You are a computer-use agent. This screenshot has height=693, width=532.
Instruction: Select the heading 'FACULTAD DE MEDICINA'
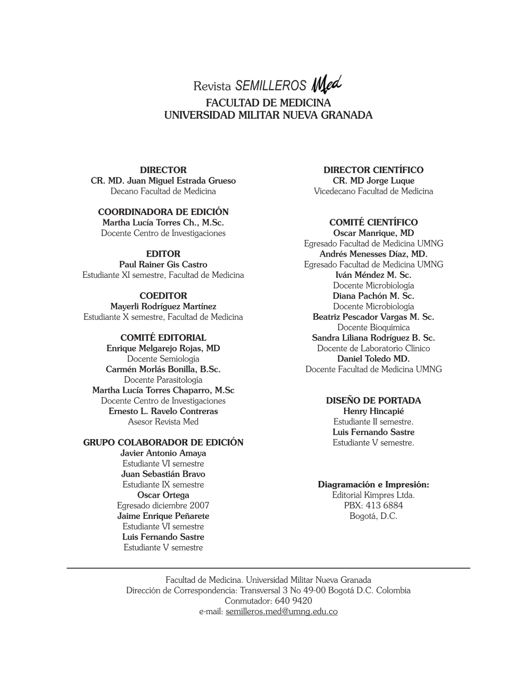(268, 103)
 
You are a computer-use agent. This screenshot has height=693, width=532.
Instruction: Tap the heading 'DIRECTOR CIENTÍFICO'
(373, 170)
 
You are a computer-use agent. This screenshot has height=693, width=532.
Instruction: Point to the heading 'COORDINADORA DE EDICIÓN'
(163, 212)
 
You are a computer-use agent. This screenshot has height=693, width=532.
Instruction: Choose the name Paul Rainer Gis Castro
(163, 265)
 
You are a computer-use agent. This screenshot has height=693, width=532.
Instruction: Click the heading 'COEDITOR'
(163, 296)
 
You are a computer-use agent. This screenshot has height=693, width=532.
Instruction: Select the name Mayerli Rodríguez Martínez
(163, 307)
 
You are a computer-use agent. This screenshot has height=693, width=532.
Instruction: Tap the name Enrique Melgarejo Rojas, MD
(163, 349)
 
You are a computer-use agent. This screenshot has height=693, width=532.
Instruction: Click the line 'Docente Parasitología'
(163, 380)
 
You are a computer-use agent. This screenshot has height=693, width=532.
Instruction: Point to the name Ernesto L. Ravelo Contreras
(163, 411)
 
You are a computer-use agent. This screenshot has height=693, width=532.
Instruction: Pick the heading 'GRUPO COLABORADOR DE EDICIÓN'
(163, 443)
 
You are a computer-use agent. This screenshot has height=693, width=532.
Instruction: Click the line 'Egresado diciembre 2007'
(163, 506)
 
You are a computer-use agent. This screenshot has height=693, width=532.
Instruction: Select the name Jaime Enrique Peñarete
(163, 516)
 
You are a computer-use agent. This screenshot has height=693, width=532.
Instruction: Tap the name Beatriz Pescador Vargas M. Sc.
(373, 317)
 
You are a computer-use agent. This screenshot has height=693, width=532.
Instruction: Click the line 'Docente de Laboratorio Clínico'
(373, 349)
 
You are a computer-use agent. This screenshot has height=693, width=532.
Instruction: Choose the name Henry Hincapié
(373, 411)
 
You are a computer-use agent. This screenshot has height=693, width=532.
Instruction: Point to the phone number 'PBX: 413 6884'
(373, 506)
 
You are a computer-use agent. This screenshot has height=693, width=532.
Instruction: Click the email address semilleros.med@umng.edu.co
(281, 612)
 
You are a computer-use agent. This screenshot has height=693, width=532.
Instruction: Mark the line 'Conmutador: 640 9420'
(268, 601)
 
